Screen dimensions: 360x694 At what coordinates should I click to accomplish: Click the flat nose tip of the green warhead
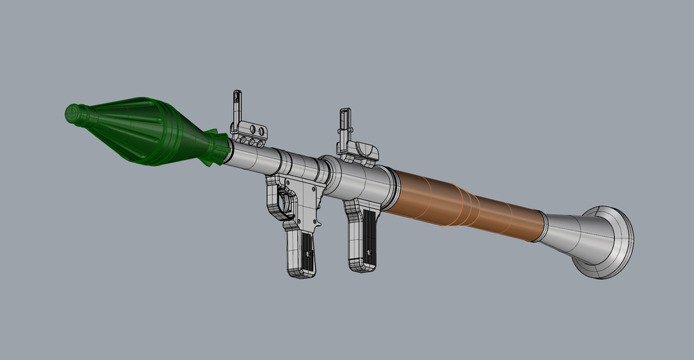(70, 114)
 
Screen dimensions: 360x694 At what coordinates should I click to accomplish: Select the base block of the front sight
(249, 134)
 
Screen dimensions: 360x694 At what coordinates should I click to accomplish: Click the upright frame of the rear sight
(345, 125)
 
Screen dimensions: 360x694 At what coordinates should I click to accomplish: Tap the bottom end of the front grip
(302, 272)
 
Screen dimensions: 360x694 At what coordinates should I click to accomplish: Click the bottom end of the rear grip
(362, 266)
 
